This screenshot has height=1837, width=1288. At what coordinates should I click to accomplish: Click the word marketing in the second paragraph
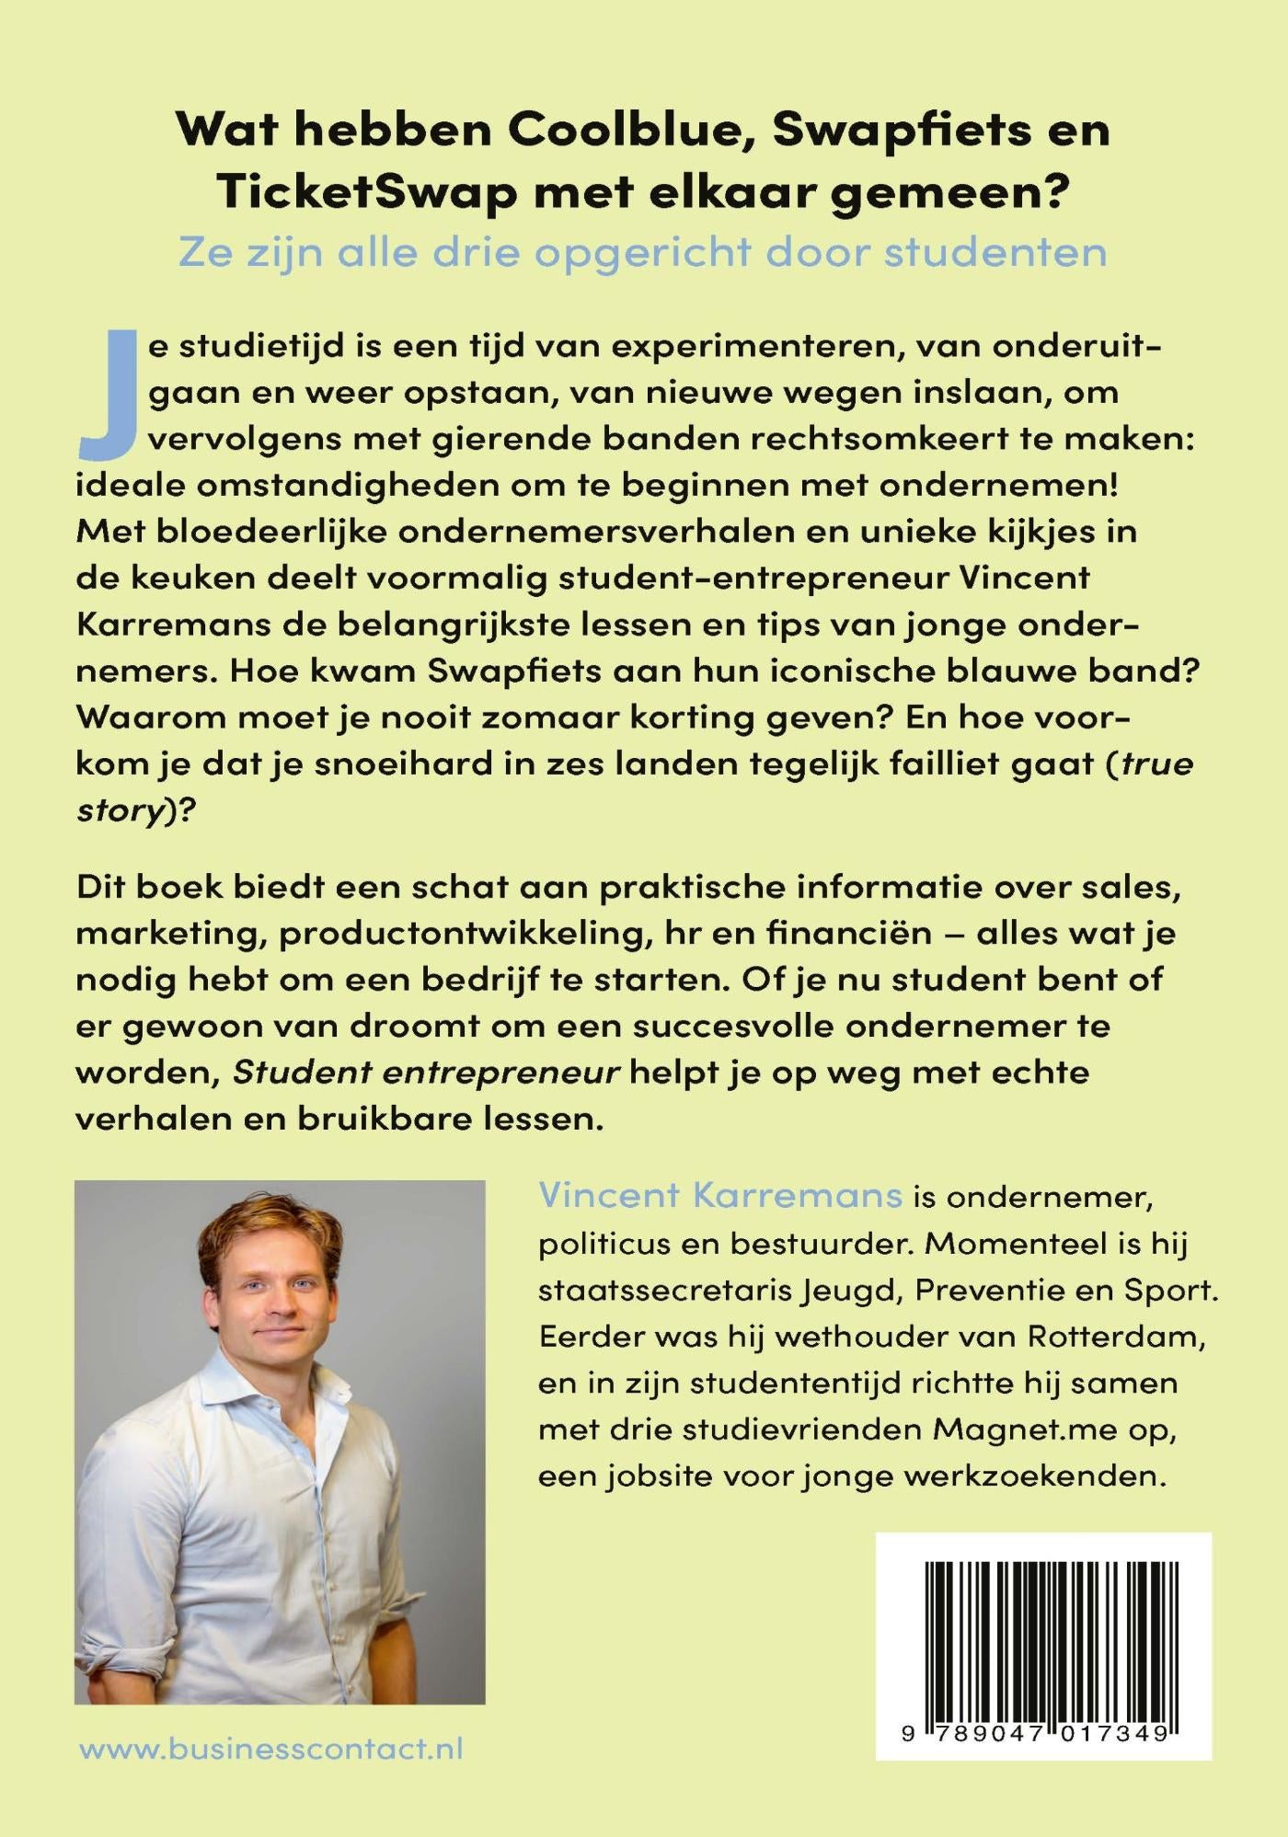[167, 934]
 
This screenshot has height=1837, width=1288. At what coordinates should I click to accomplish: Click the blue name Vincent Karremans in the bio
[720, 1195]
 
